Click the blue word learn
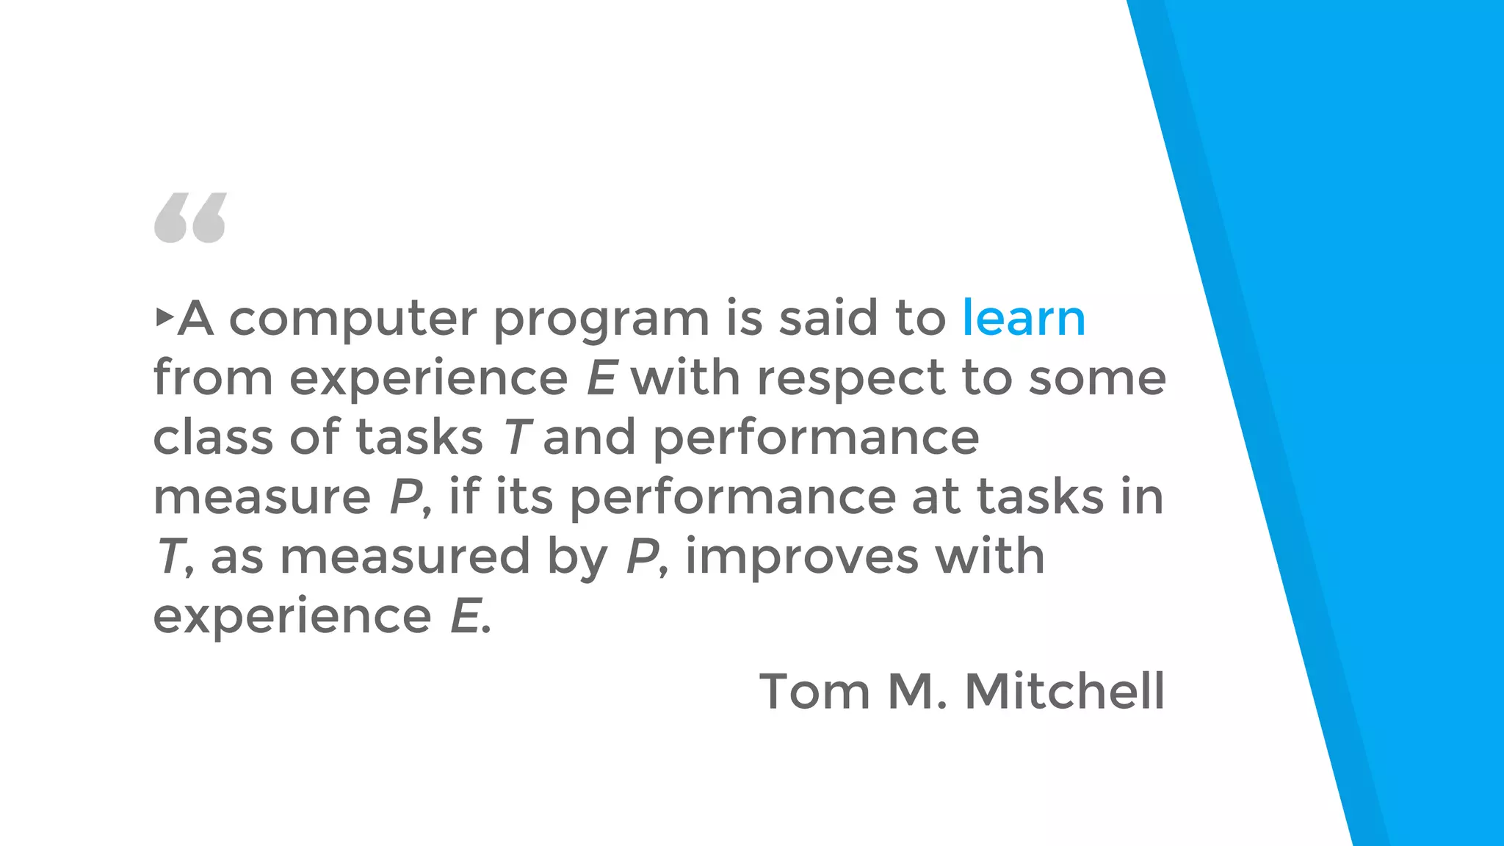1024,319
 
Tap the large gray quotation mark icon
190,218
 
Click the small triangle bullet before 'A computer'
164,317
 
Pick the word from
213,377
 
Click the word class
213,437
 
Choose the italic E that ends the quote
466,615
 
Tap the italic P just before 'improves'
642,556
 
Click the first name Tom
814,691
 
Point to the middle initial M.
915,691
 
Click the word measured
405,556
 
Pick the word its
524,496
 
